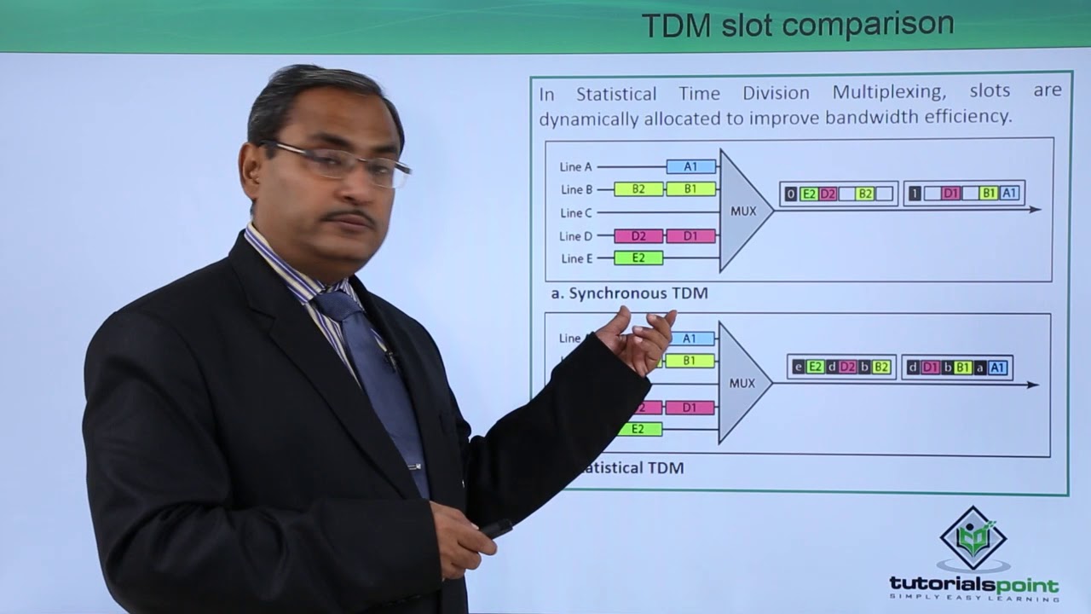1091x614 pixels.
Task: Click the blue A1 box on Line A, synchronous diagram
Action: (690, 167)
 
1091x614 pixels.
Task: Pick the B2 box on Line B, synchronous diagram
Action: (638, 189)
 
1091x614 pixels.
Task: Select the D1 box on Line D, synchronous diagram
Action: (690, 235)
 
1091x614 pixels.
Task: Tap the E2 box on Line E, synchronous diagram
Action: (638, 258)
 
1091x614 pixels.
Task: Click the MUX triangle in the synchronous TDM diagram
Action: (742, 211)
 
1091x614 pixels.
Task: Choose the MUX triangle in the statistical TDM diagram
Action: (740, 384)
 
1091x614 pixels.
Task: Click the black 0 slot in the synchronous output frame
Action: (791, 194)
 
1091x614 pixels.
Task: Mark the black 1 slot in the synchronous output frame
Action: (914, 194)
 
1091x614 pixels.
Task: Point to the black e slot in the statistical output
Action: (799, 368)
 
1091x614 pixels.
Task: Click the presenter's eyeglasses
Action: (341, 162)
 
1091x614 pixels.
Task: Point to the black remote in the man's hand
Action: (495, 529)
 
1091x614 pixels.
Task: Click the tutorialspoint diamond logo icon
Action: (973, 538)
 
